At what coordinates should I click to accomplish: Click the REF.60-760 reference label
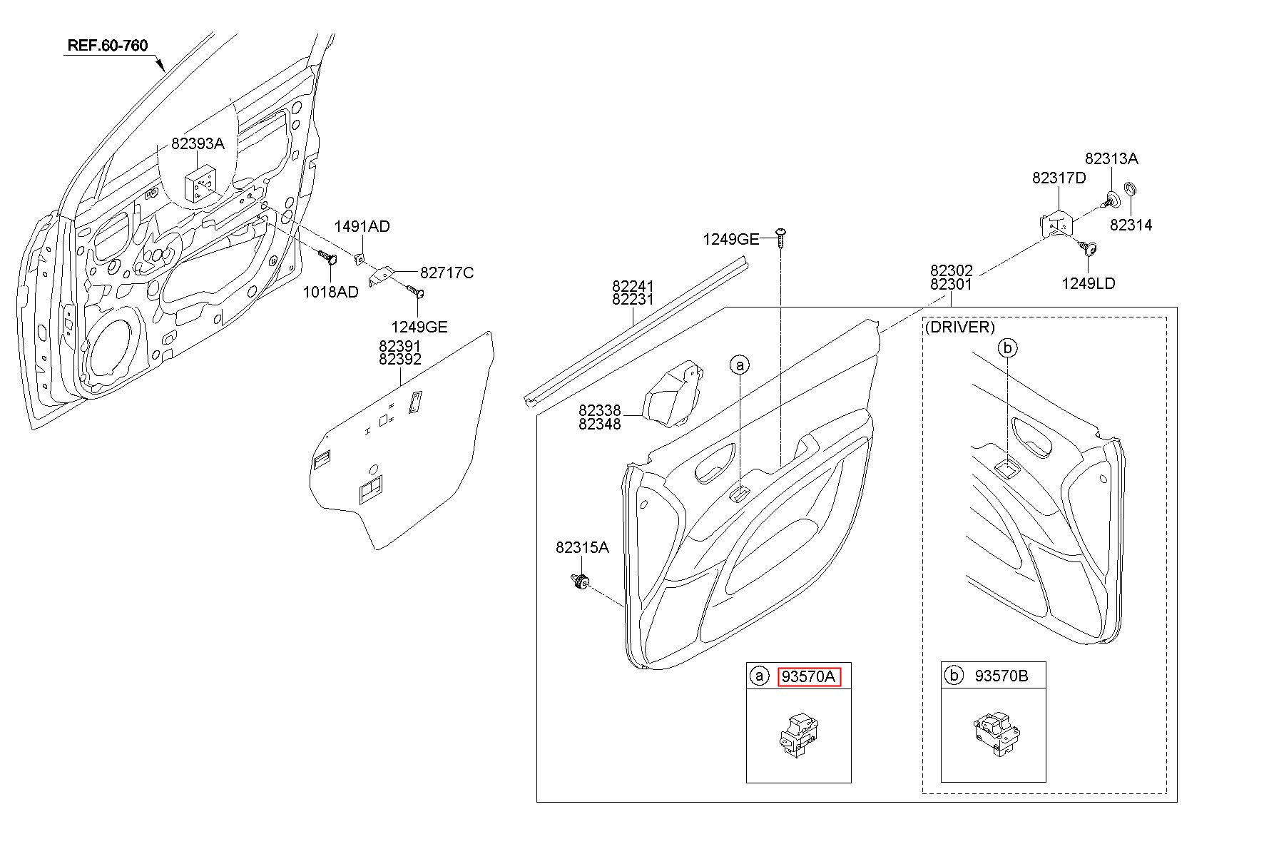click(x=108, y=46)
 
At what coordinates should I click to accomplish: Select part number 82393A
click(x=198, y=143)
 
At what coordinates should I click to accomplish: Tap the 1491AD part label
click(x=362, y=227)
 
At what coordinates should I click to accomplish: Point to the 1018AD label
click(x=330, y=292)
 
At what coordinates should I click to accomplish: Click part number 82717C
click(x=447, y=273)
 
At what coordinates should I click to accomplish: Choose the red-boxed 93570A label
click(x=809, y=676)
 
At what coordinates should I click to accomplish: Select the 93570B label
click(x=1001, y=676)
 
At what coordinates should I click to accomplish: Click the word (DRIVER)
click(x=959, y=327)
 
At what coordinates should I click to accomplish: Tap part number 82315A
click(x=583, y=547)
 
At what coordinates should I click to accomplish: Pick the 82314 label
click(x=1131, y=225)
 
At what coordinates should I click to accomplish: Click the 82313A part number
click(x=1112, y=158)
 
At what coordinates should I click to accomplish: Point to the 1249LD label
click(x=1089, y=283)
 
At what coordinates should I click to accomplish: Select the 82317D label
click(x=1059, y=178)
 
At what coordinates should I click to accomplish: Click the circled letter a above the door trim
click(x=740, y=365)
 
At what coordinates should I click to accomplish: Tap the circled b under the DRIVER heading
click(x=1007, y=347)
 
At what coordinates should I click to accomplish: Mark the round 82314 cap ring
click(x=1130, y=190)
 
